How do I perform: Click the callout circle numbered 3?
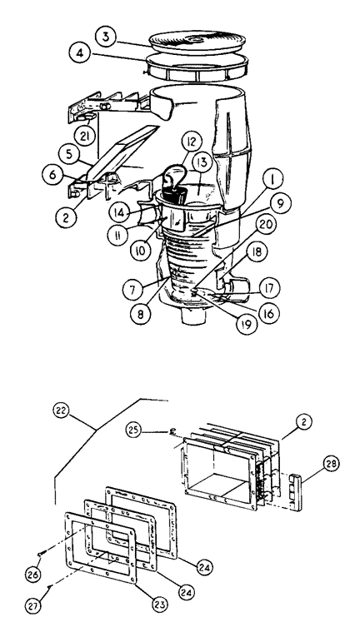click(106, 37)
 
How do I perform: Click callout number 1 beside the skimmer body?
click(270, 180)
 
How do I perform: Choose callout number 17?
click(269, 288)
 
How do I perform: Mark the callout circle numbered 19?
click(245, 325)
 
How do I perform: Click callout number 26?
click(34, 574)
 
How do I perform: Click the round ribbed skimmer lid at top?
click(197, 41)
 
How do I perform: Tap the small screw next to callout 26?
click(40, 554)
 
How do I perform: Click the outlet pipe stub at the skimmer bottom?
click(192, 316)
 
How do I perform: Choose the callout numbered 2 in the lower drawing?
click(302, 422)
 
